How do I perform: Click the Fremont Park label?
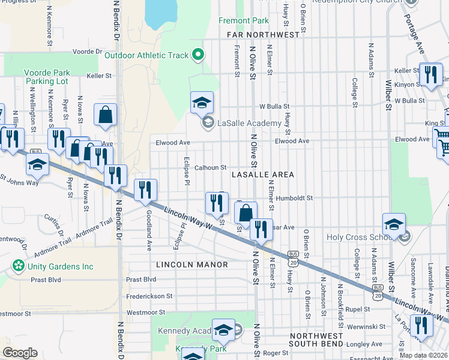[x=243, y=20]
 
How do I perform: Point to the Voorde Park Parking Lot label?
[x=47, y=77]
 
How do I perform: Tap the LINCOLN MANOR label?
[x=191, y=265]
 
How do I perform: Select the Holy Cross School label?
[x=360, y=237]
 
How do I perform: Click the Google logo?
[x=20, y=352]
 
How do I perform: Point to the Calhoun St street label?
[x=209, y=168]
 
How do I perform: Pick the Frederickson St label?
[x=149, y=296]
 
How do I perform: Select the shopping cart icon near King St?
[x=443, y=137]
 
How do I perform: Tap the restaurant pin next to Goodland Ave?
[x=145, y=191]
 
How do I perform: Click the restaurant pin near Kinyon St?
[x=430, y=74]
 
